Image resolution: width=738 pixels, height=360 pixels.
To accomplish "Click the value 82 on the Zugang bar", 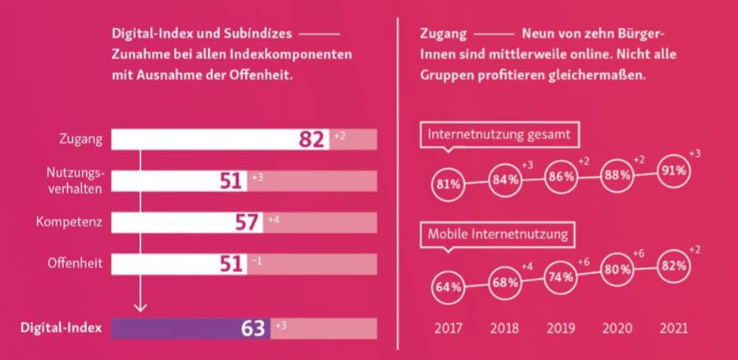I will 312,139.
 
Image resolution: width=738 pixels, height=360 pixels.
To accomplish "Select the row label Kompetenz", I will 69,221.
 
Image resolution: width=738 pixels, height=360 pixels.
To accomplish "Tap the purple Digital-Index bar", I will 189,329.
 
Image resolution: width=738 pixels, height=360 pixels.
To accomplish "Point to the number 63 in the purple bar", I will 254,329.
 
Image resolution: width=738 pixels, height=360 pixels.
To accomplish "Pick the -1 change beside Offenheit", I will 257,261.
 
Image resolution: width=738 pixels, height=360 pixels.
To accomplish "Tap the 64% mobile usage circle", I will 448,287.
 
